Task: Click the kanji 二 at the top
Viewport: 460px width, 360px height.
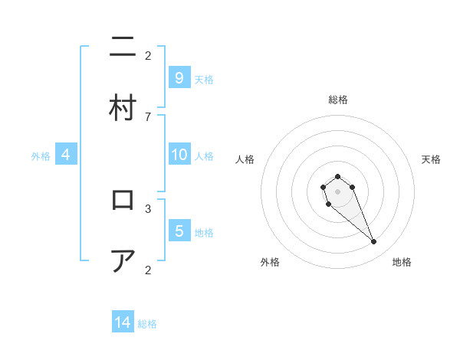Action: point(123,49)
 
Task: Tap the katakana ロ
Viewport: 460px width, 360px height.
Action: point(123,201)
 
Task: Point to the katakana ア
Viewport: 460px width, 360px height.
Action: point(123,261)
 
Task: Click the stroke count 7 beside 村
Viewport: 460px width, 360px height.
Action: point(148,116)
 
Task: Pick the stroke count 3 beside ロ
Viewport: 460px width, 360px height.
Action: point(148,208)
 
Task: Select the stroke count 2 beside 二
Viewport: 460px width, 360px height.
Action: point(148,55)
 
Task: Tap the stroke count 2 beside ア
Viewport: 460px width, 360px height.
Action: point(148,269)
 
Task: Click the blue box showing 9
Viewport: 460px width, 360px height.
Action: point(179,78)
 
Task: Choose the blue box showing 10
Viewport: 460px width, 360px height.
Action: point(179,155)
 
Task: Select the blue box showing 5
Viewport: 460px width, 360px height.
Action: point(179,231)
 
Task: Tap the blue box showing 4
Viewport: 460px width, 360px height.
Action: point(66,155)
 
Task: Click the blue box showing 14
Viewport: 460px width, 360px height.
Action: point(123,322)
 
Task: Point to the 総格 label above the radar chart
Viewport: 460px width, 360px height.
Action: point(337,100)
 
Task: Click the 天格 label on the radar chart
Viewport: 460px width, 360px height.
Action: point(431,159)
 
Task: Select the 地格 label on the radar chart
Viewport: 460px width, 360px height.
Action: point(402,262)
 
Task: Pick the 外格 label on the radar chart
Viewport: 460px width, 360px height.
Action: point(270,262)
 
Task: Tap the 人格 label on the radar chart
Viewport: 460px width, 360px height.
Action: point(245,159)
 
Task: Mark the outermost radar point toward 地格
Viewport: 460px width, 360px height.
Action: point(374,242)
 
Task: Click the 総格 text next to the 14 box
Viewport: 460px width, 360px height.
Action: point(147,324)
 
